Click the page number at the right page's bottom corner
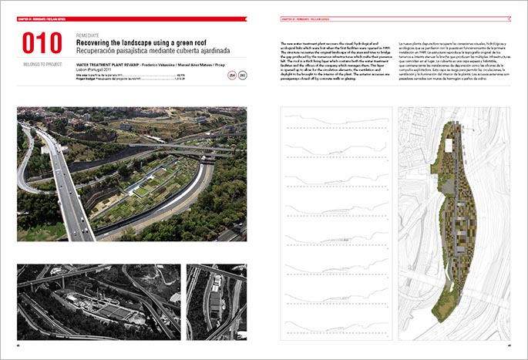(x=510, y=345)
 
